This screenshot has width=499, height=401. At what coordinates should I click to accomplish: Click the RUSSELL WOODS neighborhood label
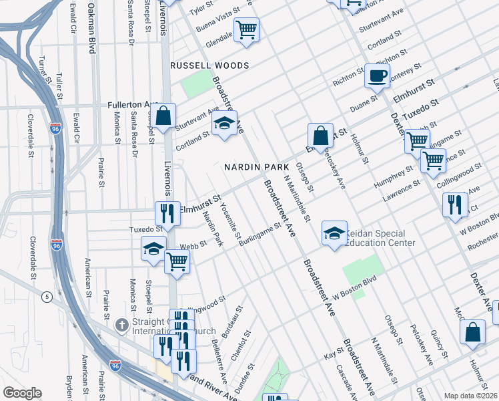(x=209, y=65)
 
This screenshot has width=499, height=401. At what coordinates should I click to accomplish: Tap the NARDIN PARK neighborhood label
(x=256, y=166)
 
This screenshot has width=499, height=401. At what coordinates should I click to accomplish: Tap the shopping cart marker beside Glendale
(x=246, y=29)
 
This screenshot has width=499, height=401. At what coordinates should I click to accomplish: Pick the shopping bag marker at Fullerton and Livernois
(x=163, y=116)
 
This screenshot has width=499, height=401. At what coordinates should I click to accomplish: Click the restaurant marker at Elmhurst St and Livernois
(x=167, y=213)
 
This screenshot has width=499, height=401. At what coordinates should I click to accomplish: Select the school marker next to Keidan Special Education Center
(x=334, y=233)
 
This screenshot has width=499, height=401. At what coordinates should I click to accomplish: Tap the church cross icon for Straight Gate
(x=121, y=325)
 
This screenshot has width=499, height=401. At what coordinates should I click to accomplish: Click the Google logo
(x=22, y=393)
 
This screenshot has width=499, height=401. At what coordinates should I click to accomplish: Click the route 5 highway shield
(x=46, y=295)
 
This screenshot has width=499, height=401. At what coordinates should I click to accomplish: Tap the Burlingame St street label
(x=260, y=235)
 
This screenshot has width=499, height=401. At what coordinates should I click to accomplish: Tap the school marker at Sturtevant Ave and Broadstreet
(x=225, y=124)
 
